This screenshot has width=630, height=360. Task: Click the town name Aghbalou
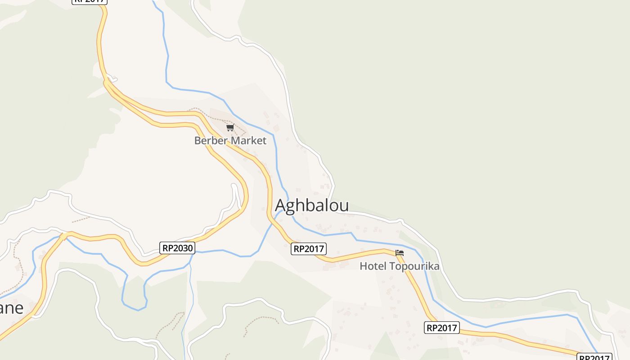312,205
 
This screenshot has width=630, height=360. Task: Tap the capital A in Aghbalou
280,205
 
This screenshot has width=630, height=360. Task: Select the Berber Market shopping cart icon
230,128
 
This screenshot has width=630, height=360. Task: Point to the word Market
248,141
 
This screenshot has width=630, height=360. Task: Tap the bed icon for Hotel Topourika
399,253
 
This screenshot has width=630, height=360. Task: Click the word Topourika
414,266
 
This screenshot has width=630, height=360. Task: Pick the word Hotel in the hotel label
373,266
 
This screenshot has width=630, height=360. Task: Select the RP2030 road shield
177,247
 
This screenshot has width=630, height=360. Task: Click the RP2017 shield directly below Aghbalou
309,248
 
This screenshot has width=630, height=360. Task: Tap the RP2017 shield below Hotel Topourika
441,328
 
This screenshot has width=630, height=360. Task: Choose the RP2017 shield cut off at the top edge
90,1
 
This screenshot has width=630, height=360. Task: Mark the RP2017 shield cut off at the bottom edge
594,357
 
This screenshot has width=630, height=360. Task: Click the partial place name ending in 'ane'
11,308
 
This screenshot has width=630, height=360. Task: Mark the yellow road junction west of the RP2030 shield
64,235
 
